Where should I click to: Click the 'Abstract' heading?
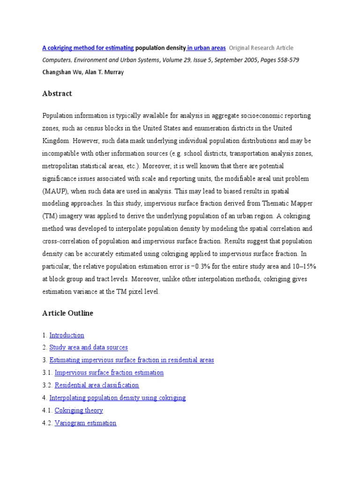tap(57, 94)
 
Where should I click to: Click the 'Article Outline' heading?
tap(67, 313)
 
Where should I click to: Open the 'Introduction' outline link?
tap(67, 335)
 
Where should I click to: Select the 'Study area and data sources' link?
tap(89, 347)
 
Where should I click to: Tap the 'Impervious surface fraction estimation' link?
tap(109, 373)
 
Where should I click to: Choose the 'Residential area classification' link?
tap(97, 385)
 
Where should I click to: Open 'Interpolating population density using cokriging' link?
tap(118, 397)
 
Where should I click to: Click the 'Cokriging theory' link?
tap(79, 410)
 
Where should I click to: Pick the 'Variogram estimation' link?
tap(85, 423)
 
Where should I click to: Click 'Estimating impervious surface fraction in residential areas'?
tap(132, 360)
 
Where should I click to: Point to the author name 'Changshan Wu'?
tap(61, 72)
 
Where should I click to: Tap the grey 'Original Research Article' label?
tap(261, 48)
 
